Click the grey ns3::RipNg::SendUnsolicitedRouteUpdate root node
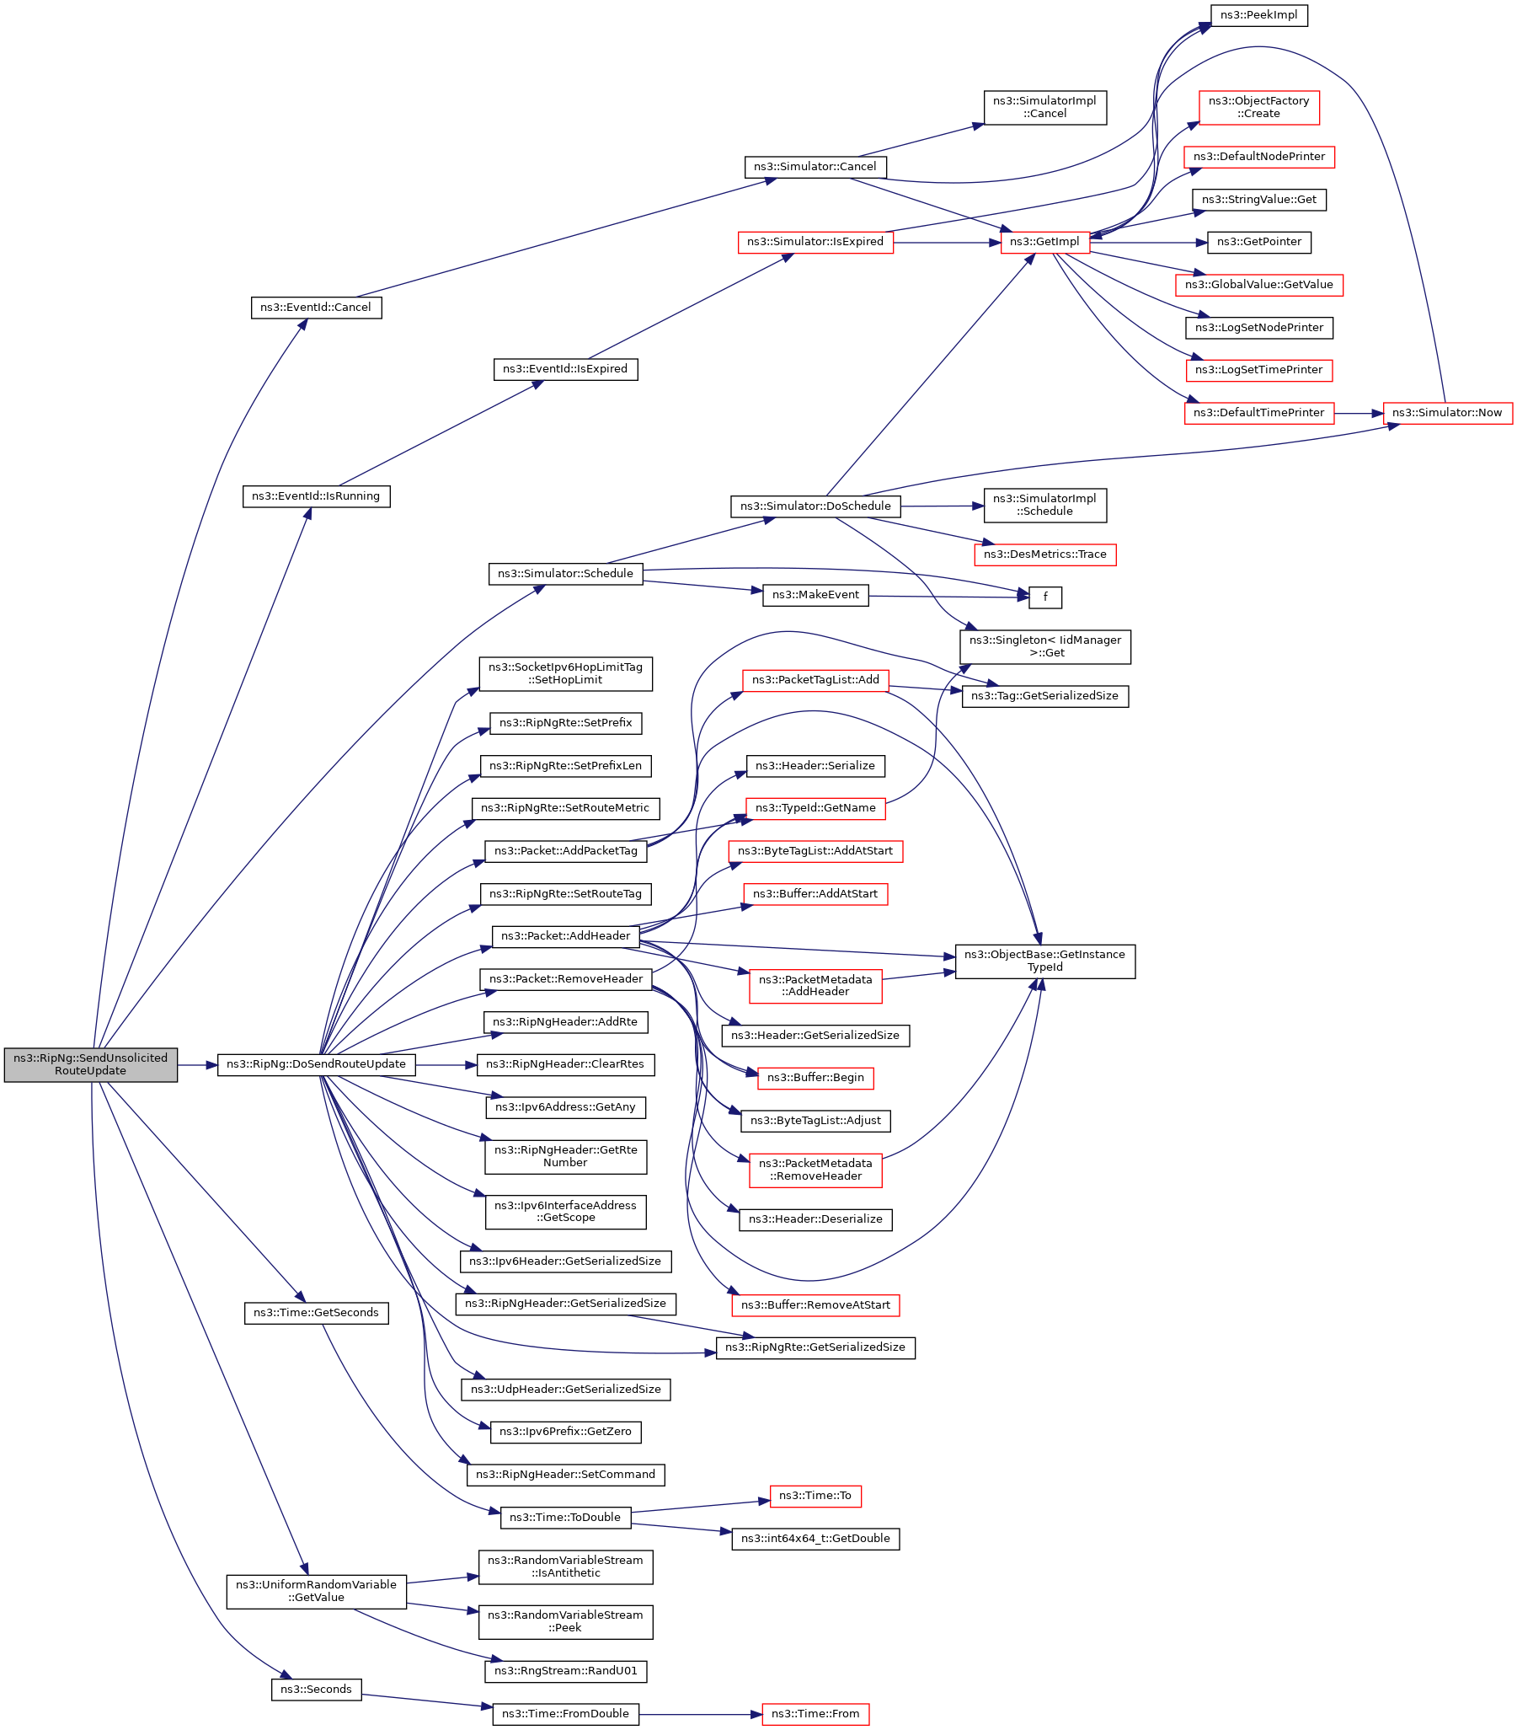point(90,1064)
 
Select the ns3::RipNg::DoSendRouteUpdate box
point(317,1064)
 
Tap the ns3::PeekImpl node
point(1259,15)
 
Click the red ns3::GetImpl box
point(1045,242)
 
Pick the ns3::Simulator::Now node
point(1448,413)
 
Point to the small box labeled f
point(1046,597)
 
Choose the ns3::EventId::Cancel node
point(317,308)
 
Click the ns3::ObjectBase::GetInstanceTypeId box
point(1045,961)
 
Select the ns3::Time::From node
point(815,1714)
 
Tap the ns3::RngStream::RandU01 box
point(566,1671)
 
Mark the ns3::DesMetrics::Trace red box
point(1045,554)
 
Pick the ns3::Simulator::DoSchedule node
point(815,506)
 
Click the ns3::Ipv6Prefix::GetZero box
point(566,1431)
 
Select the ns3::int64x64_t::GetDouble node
point(815,1538)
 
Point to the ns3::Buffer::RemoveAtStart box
point(815,1305)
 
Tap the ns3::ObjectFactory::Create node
point(1259,108)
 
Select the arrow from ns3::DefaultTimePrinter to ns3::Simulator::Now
point(1359,413)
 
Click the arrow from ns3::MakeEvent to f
point(949,597)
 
